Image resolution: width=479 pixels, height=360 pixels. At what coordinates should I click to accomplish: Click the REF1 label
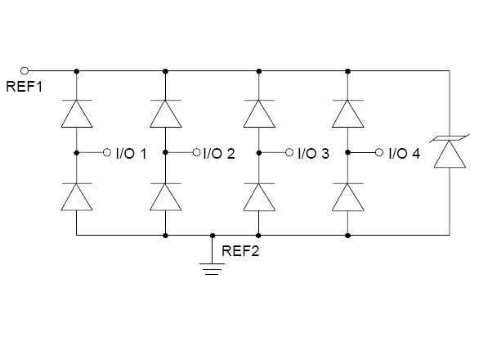(25, 87)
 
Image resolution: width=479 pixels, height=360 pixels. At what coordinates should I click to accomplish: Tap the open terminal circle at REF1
(25, 71)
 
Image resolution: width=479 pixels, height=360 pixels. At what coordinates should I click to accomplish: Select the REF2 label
(240, 251)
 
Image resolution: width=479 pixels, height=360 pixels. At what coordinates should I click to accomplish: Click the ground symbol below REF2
(212, 269)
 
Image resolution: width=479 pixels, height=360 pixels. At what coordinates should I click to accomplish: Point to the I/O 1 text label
(131, 153)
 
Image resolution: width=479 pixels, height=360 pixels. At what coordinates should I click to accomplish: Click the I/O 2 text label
(219, 153)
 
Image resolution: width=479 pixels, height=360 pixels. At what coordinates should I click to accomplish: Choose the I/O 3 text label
(313, 153)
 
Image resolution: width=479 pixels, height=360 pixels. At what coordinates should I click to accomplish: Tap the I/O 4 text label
(405, 153)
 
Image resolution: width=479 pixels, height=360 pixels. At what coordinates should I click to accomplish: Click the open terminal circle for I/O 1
(106, 152)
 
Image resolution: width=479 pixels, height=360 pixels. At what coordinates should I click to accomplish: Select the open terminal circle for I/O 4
(378, 152)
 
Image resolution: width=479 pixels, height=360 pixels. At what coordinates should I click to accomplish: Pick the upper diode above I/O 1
(77, 114)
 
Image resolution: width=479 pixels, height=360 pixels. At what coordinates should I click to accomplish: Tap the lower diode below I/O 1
(77, 197)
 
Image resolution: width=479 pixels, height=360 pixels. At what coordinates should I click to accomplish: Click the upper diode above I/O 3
(259, 114)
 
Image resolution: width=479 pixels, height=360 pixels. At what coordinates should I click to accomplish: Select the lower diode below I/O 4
(347, 197)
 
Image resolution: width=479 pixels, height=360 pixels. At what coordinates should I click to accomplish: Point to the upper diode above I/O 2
(165, 114)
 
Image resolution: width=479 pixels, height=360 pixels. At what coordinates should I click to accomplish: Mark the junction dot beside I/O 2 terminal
(165, 152)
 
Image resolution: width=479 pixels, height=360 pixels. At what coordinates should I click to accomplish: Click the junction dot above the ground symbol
(213, 236)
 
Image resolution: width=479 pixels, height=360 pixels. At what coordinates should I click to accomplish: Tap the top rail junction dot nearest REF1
(77, 71)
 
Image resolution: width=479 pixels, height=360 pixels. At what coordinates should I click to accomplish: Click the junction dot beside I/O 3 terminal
(259, 152)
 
